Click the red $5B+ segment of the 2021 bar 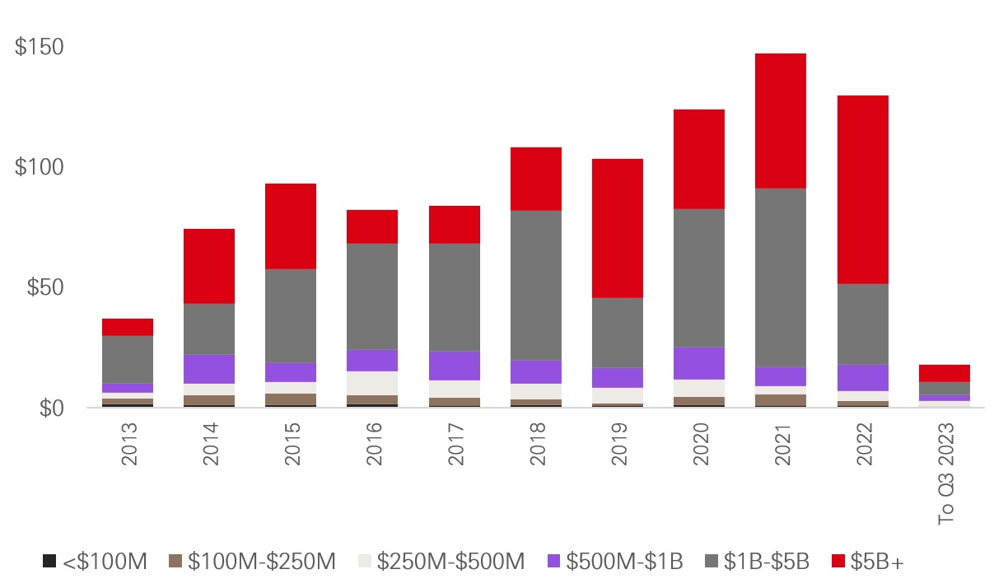click(x=782, y=121)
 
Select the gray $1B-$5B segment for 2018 click(x=536, y=285)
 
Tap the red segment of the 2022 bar click(x=863, y=189)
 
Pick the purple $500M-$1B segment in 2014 click(x=208, y=368)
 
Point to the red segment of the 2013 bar click(x=128, y=327)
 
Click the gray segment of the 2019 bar click(x=618, y=332)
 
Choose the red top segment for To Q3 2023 click(x=945, y=373)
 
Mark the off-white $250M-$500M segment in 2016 click(x=373, y=383)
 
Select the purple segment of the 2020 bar click(x=700, y=362)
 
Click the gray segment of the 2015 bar click(x=291, y=315)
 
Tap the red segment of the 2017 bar click(x=455, y=224)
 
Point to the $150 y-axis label click(x=40, y=47)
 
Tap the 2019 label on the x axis click(x=618, y=445)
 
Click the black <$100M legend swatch click(x=49, y=562)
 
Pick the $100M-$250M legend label click(x=261, y=562)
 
